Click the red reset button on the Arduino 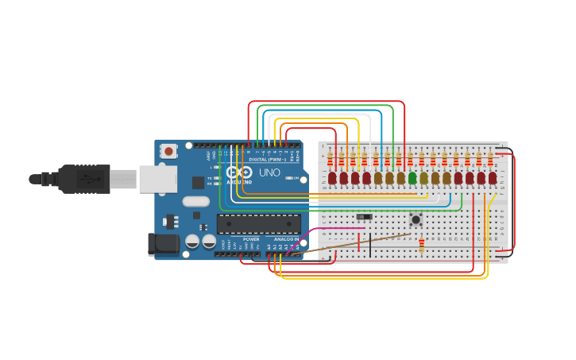point(168,151)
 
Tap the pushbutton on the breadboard point(415,219)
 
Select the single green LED point(412,178)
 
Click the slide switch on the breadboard point(364,217)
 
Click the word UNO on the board point(269,172)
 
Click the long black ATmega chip point(259,224)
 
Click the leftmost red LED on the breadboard point(332,178)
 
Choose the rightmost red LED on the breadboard point(493,178)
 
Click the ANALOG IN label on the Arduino point(286,239)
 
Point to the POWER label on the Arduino point(251,239)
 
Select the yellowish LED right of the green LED point(423,178)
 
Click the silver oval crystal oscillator point(195,201)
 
